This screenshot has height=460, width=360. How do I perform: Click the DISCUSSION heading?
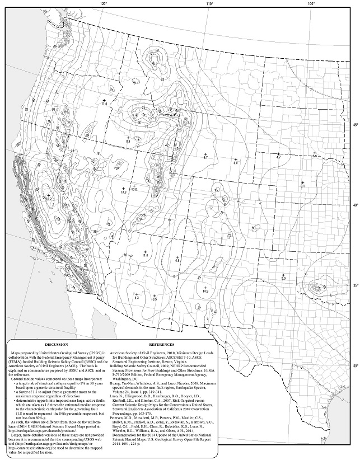(x=56, y=345)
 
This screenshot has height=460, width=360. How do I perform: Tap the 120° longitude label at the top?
(x=104, y=4)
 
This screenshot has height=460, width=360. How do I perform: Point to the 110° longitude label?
(x=209, y=4)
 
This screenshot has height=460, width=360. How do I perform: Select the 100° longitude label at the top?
(x=311, y=4)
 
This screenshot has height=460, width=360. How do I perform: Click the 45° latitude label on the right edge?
(x=355, y=125)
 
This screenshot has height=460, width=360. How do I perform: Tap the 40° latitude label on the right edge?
(x=355, y=205)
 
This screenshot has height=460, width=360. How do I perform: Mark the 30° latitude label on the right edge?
(x=355, y=367)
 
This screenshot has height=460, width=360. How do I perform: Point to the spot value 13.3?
(x=124, y=193)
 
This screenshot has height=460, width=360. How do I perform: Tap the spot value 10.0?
(x=134, y=190)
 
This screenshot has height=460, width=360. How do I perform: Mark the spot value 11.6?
(x=144, y=256)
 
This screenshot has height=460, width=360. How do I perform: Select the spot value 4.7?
(x=278, y=158)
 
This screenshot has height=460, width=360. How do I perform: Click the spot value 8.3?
(x=136, y=298)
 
